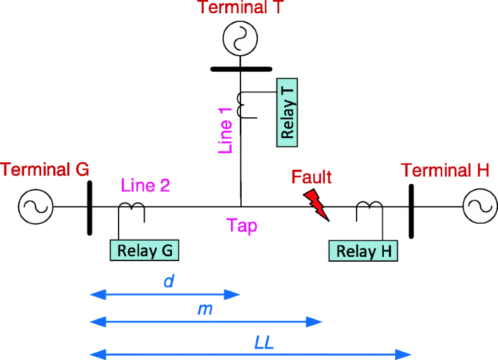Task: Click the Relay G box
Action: pyautogui.click(x=145, y=250)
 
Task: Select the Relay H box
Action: pyautogui.click(x=364, y=251)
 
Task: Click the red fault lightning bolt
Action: pyautogui.click(x=317, y=204)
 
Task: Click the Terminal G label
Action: pyautogui.click(x=45, y=169)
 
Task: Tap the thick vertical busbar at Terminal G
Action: pyautogui.click(x=89, y=207)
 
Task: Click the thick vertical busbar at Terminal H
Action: pyautogui.click(x=411, y=207)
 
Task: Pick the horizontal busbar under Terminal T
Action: pyautogui.click(x=240, y=68)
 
